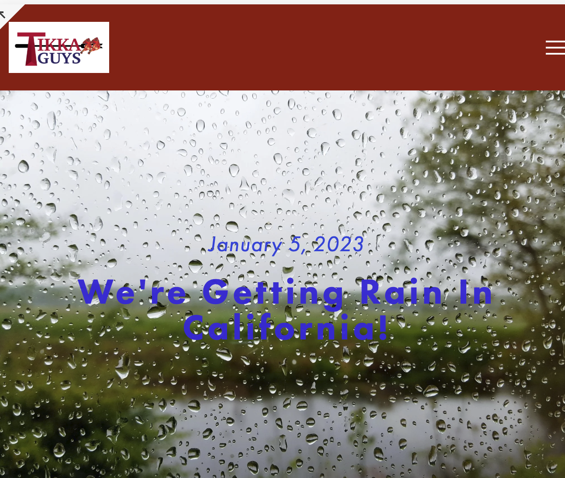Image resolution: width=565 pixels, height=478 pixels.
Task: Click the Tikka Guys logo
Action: click(59, 47)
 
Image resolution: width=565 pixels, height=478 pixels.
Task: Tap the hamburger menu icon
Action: click(555, 48)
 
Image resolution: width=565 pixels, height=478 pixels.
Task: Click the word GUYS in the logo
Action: click(59, 58)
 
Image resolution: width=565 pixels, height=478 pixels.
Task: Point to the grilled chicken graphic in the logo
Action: click(90, 45)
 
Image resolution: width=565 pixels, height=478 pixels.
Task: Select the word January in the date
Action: click(245, 244)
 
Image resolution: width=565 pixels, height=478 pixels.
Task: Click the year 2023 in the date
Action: click(338, 244)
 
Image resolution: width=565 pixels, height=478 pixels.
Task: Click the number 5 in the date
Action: click(295, 244)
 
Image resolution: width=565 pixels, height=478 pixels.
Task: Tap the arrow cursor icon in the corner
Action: click(2, 14)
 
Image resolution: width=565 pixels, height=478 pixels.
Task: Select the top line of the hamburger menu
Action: click(555, 42)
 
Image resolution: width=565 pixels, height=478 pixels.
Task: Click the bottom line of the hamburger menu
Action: click(555, 54)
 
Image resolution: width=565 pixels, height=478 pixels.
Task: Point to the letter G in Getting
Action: click(216, 291)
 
